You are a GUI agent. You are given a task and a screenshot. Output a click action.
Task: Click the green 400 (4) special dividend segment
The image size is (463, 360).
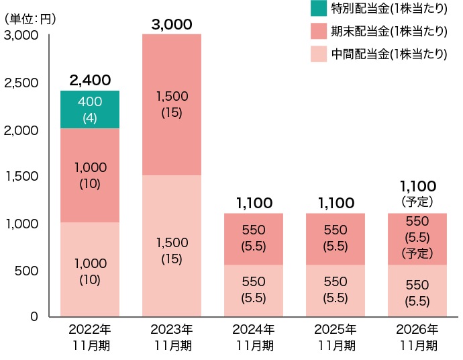(90, 109)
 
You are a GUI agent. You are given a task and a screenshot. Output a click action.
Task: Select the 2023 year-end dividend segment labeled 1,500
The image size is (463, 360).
(172, 105)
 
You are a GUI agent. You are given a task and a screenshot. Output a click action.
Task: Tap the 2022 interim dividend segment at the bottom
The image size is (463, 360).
(90, 269)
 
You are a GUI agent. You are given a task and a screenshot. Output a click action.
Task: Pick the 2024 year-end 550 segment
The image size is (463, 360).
(254, 239)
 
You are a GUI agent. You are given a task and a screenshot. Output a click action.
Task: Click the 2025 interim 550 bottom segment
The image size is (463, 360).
(335, 291)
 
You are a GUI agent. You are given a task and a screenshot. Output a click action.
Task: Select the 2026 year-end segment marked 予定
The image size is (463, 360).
(417, 239)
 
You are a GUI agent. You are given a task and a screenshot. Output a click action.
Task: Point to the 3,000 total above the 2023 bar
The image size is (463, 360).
(172, 24)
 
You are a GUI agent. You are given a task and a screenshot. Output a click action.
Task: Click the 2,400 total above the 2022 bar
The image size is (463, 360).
(90, 80)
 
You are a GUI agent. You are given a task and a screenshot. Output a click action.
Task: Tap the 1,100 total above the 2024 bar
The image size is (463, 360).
(254, 203)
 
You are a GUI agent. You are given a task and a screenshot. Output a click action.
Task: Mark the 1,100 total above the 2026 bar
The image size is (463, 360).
(418, 186)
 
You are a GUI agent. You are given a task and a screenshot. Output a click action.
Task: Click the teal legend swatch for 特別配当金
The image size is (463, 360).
(319, 8)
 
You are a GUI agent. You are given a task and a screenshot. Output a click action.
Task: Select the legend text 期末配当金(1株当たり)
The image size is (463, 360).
(389, 32)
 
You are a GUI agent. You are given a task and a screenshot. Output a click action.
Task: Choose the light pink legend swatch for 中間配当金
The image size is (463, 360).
(319, 54)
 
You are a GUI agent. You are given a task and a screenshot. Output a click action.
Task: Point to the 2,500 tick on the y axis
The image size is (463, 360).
(21, 83)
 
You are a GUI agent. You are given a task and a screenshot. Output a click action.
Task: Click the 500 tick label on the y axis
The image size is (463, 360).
(27, 271)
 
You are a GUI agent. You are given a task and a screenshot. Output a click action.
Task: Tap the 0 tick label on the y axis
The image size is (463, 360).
(34, 316)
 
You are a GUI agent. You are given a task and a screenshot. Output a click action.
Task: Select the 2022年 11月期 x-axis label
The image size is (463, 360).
(90, 337)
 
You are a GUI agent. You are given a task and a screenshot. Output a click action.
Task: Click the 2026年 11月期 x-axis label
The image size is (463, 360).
(417, 337)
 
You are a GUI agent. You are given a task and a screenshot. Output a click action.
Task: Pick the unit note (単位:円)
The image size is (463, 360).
(30, 19)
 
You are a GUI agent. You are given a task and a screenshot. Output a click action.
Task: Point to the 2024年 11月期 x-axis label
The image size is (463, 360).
(254, 337)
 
